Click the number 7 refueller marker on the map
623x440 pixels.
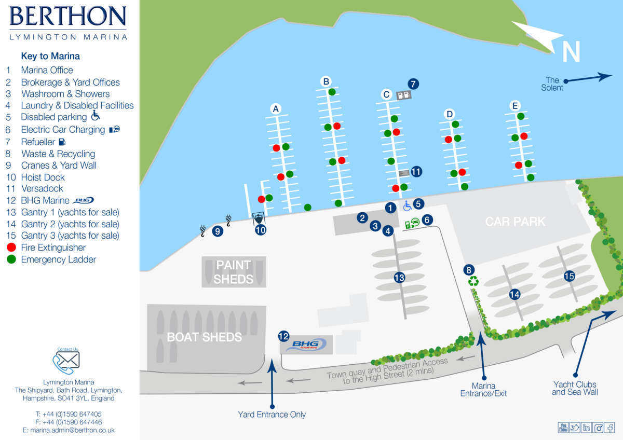pos(413,84)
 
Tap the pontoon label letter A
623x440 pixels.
pos(276,109)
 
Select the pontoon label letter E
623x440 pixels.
pos(515,106)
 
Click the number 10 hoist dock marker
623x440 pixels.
pos(261,229)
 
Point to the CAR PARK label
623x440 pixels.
pos(515,222)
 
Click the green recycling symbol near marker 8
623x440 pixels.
pos(473,281)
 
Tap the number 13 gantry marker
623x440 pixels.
pos(399,278)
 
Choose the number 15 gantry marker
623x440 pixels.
pos(569,276)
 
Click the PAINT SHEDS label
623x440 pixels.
pos(234,272)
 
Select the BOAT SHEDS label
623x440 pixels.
pos(204,337)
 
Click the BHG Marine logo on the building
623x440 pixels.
pos(306,345)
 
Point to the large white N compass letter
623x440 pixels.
pos(571,52)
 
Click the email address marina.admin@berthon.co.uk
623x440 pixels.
pos(69,430)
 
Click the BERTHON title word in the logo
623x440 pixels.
pos(68,17)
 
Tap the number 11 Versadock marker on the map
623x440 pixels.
pos(416,171)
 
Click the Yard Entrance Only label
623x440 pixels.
pos(272,415)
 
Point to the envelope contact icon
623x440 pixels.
pos(68,360)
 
